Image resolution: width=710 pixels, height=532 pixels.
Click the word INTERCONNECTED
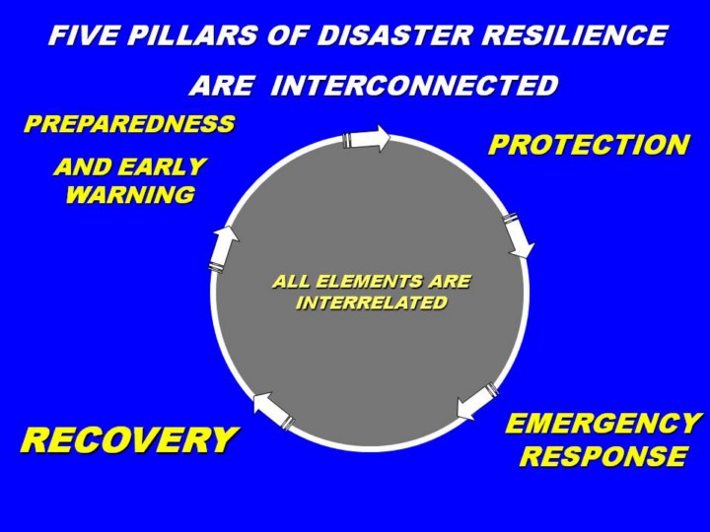(x=414, y=86)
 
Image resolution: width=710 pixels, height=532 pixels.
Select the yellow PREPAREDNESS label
(x=129, y=124)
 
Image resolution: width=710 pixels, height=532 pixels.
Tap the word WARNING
(x=129, y=194)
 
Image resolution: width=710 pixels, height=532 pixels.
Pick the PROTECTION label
(x=589, y=145)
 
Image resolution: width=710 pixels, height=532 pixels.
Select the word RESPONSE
(x=603, y=456)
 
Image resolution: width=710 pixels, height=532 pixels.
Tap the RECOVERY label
(x=129, y=439)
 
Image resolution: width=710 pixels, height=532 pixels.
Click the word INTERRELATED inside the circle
(x=372, y=302)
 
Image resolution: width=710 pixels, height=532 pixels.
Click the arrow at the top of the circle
(x=366, y=139)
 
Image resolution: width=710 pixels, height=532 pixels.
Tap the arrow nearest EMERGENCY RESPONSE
(x=477, y=400)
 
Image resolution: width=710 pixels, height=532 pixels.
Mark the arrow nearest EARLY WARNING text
(x=224, y=247)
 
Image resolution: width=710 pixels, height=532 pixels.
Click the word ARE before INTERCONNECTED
(x=221, y=86)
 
